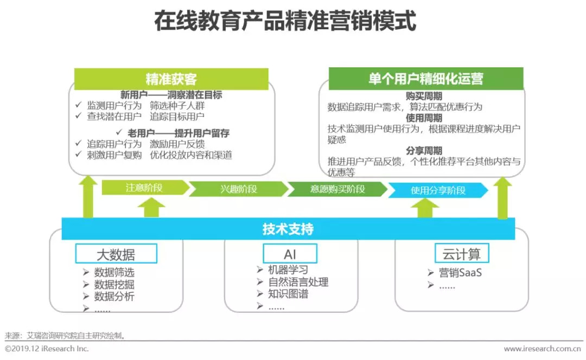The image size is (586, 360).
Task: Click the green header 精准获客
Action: tap(171, 79)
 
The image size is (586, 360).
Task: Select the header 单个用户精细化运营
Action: tap(426, 79)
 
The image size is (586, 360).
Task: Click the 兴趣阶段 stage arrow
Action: tap(239, 189)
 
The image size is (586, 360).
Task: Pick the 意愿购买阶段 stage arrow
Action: tap(337, 189)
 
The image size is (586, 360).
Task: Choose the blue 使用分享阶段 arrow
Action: tap(438, 190)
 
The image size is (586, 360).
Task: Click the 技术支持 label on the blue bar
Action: tap(288, 229)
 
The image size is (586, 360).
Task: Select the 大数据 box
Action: tap(116, 254)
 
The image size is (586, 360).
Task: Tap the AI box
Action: tap(290, 254)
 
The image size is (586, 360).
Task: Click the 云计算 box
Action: tap(462, 254)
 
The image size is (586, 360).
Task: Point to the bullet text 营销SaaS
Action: tap(461, 273)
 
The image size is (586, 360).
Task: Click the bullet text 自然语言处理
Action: tap(298, 282)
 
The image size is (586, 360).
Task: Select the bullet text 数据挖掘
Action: tap(114, 285)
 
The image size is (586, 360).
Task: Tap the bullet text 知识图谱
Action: tap(288, 294)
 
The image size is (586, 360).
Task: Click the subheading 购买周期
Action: tap(424, 97)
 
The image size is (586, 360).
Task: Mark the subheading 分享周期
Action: tap(424, 151)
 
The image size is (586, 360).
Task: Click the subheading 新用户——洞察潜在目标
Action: tap(171, 95)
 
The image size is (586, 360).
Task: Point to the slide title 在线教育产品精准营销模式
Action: tap(285, 21)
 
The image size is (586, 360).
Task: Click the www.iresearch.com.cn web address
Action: tap(542, 349)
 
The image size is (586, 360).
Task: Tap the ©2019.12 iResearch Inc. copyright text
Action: tap(47, 349)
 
